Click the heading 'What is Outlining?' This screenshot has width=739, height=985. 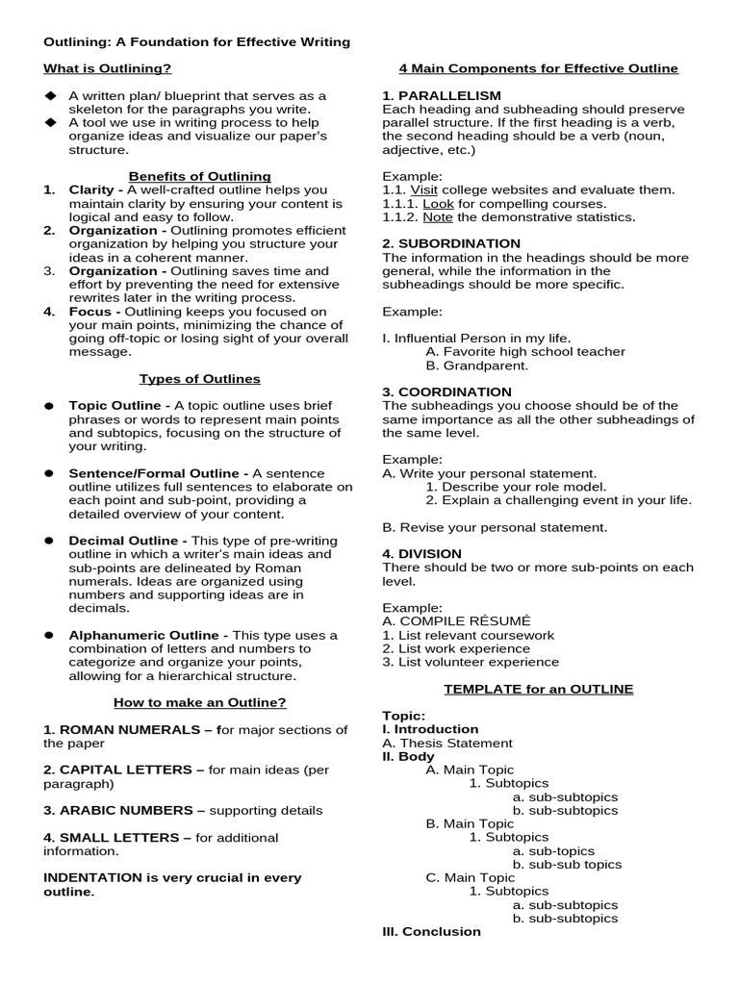[x=108, y=68]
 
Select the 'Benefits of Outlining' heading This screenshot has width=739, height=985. [x=199, y=176]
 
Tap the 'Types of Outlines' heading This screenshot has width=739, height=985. [x=199, y=379]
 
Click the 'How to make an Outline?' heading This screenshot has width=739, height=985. [x=199, y=702]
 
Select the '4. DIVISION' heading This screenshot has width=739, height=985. [x=421, y=553]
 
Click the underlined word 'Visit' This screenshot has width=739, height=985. [x=424, y=189]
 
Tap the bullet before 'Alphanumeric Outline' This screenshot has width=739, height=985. [x=48, y=636]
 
